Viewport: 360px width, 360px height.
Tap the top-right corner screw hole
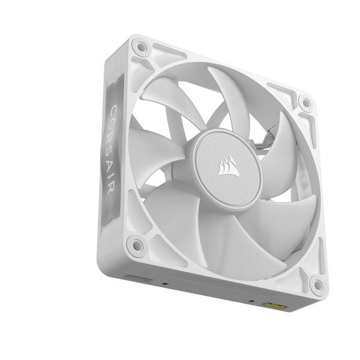tap(306, 103)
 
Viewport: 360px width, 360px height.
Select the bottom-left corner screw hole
tap(137, 244)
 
